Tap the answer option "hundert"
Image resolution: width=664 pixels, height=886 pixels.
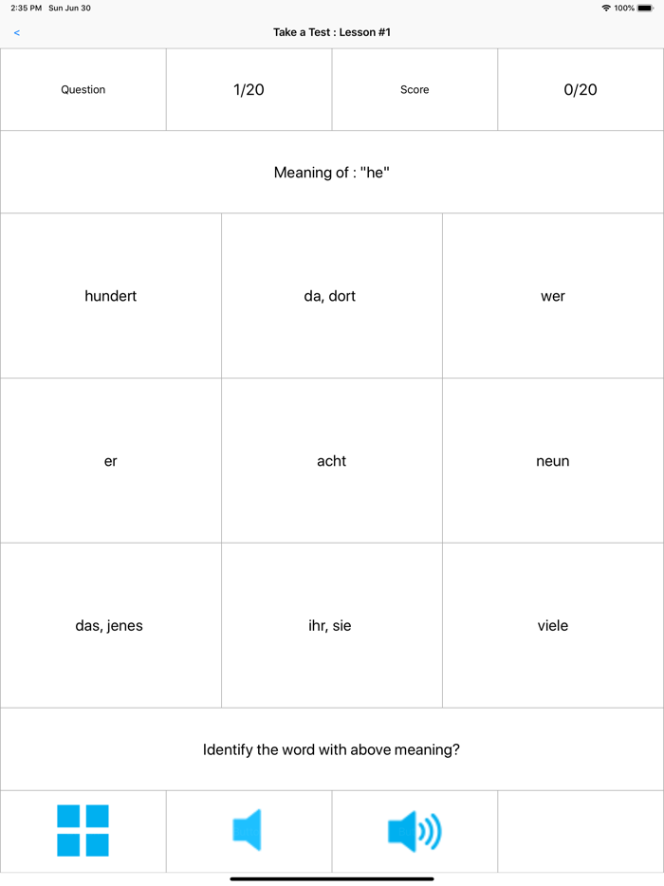click(x=111, y=296)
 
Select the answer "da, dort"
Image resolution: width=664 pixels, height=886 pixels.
click(x=330, y=296)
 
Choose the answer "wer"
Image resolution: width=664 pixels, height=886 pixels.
click(x=553, y=296)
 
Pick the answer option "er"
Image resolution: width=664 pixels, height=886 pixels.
click(x=111, y=461)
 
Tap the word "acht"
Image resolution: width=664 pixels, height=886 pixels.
click(x=331, y=461)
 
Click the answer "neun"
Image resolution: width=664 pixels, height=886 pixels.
click(x=553, y=461)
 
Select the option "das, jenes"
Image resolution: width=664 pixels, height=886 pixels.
click(x=109, y=626)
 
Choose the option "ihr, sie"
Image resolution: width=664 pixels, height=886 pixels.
click(x=330, y=626)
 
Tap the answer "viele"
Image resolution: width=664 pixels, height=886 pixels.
click(x=553, y=626)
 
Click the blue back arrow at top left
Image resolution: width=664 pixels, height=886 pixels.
click(x=17, y=33)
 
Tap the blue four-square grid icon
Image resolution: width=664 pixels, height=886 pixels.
click(x=83, y=831)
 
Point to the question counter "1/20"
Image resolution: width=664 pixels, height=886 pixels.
click(x=249, y=90)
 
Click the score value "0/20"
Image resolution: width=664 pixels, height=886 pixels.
click(x=581, y=90)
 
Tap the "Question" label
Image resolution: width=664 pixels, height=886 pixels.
click(x=83, y=90)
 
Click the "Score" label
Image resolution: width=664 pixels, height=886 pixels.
click(x=415, y=90)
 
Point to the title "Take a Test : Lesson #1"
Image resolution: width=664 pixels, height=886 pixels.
click(x=332, y=32)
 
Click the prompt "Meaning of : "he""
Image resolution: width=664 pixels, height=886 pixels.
click(x=332, y=173)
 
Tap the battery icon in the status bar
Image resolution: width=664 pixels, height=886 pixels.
click(x=645, y=8)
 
